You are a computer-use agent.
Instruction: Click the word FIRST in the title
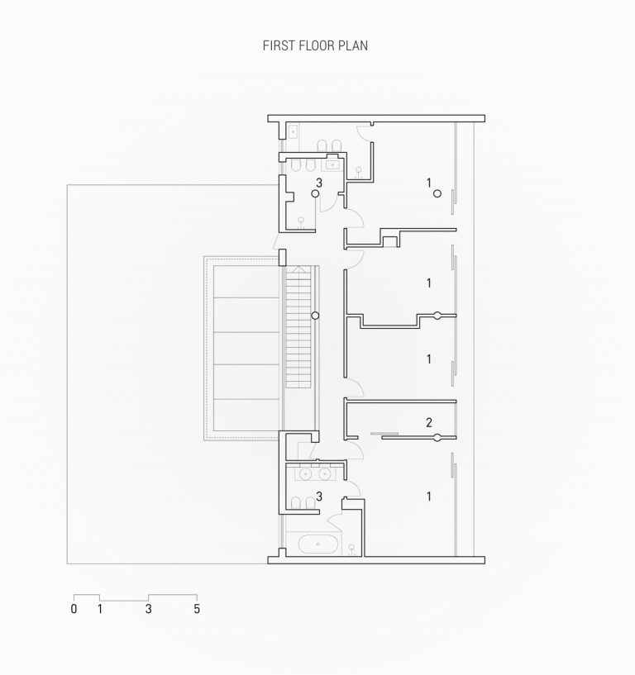tap(277, 46)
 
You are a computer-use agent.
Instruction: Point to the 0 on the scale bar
tap(74, 610)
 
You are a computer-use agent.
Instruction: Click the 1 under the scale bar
tap(99, 610)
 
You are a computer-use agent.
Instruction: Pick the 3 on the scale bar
tap(149, 610)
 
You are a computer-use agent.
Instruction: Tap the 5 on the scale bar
tap(197, 610)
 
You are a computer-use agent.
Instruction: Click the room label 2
tap(428, 423)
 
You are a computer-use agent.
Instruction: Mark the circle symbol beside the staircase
tap(315, 316)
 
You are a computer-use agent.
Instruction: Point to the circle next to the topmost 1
tap(437, 194)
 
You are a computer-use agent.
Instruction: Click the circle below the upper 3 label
tap(315, 193)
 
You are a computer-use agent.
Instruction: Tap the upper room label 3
tap(317, 181)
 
